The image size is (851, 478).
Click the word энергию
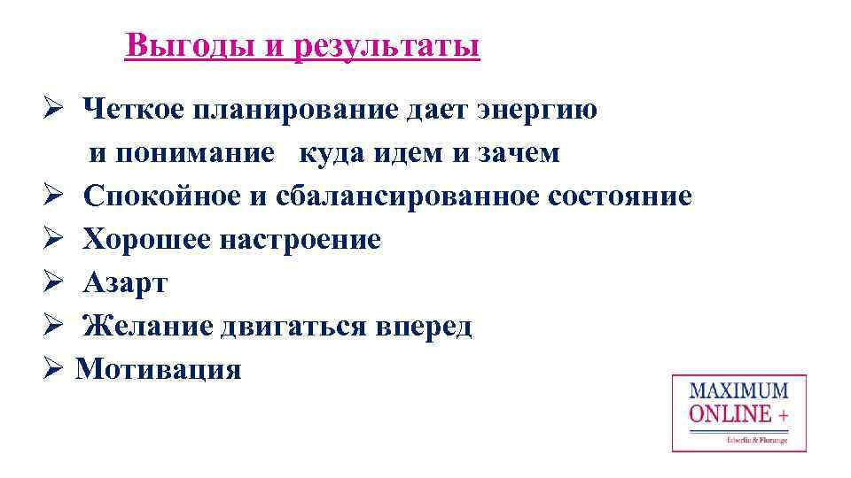coord(538,111)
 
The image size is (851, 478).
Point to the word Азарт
coord(125,282)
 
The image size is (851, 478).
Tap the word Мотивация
coord(158,369)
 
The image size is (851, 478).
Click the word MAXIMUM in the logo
coord(738,390)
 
